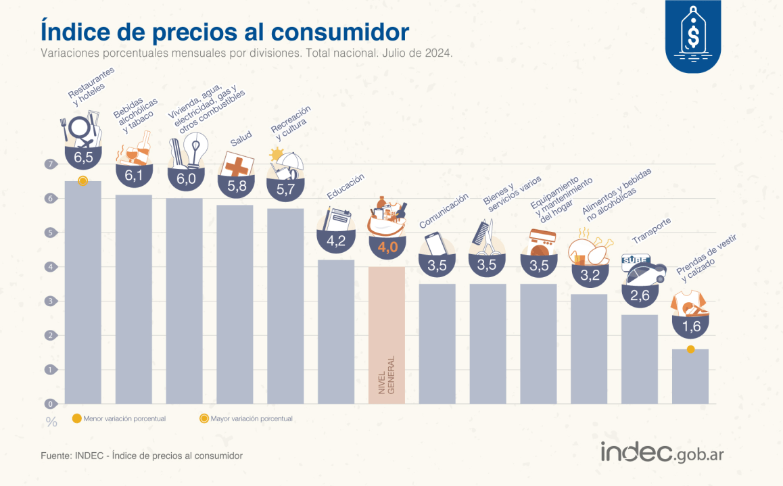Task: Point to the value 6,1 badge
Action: pos(133,175)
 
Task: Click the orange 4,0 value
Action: pos(387,247)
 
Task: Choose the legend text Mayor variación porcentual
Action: pos(252,419)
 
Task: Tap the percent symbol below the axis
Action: pos(51,422)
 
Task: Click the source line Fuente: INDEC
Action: pos(141,456)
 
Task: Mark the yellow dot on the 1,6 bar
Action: pos(690,349)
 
